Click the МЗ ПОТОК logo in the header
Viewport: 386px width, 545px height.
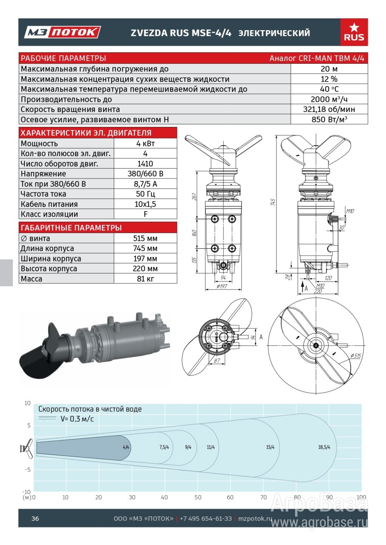coord(63,32)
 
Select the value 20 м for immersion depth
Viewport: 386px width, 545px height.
coord(329,69)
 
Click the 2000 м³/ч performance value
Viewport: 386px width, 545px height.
coord(329,99)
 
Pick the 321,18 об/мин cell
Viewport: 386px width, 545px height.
coord(329,109)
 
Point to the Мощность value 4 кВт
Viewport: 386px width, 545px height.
coord(145,143)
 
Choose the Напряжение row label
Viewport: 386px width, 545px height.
coord(43,174)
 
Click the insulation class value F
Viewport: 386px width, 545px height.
coord(145,214)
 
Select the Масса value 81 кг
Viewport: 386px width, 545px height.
coord(145,279)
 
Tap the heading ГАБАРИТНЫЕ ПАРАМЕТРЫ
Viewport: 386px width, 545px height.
coord(71,228)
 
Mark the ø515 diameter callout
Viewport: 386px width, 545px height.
coord(356,356)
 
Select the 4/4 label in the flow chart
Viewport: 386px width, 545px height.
coord(126,447)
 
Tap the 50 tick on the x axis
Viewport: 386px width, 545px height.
coord(198,497)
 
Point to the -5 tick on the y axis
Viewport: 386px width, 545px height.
coord(28,470)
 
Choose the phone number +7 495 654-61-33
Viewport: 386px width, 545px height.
coord(206,519)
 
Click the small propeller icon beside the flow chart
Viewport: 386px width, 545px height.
coord(26,448)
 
